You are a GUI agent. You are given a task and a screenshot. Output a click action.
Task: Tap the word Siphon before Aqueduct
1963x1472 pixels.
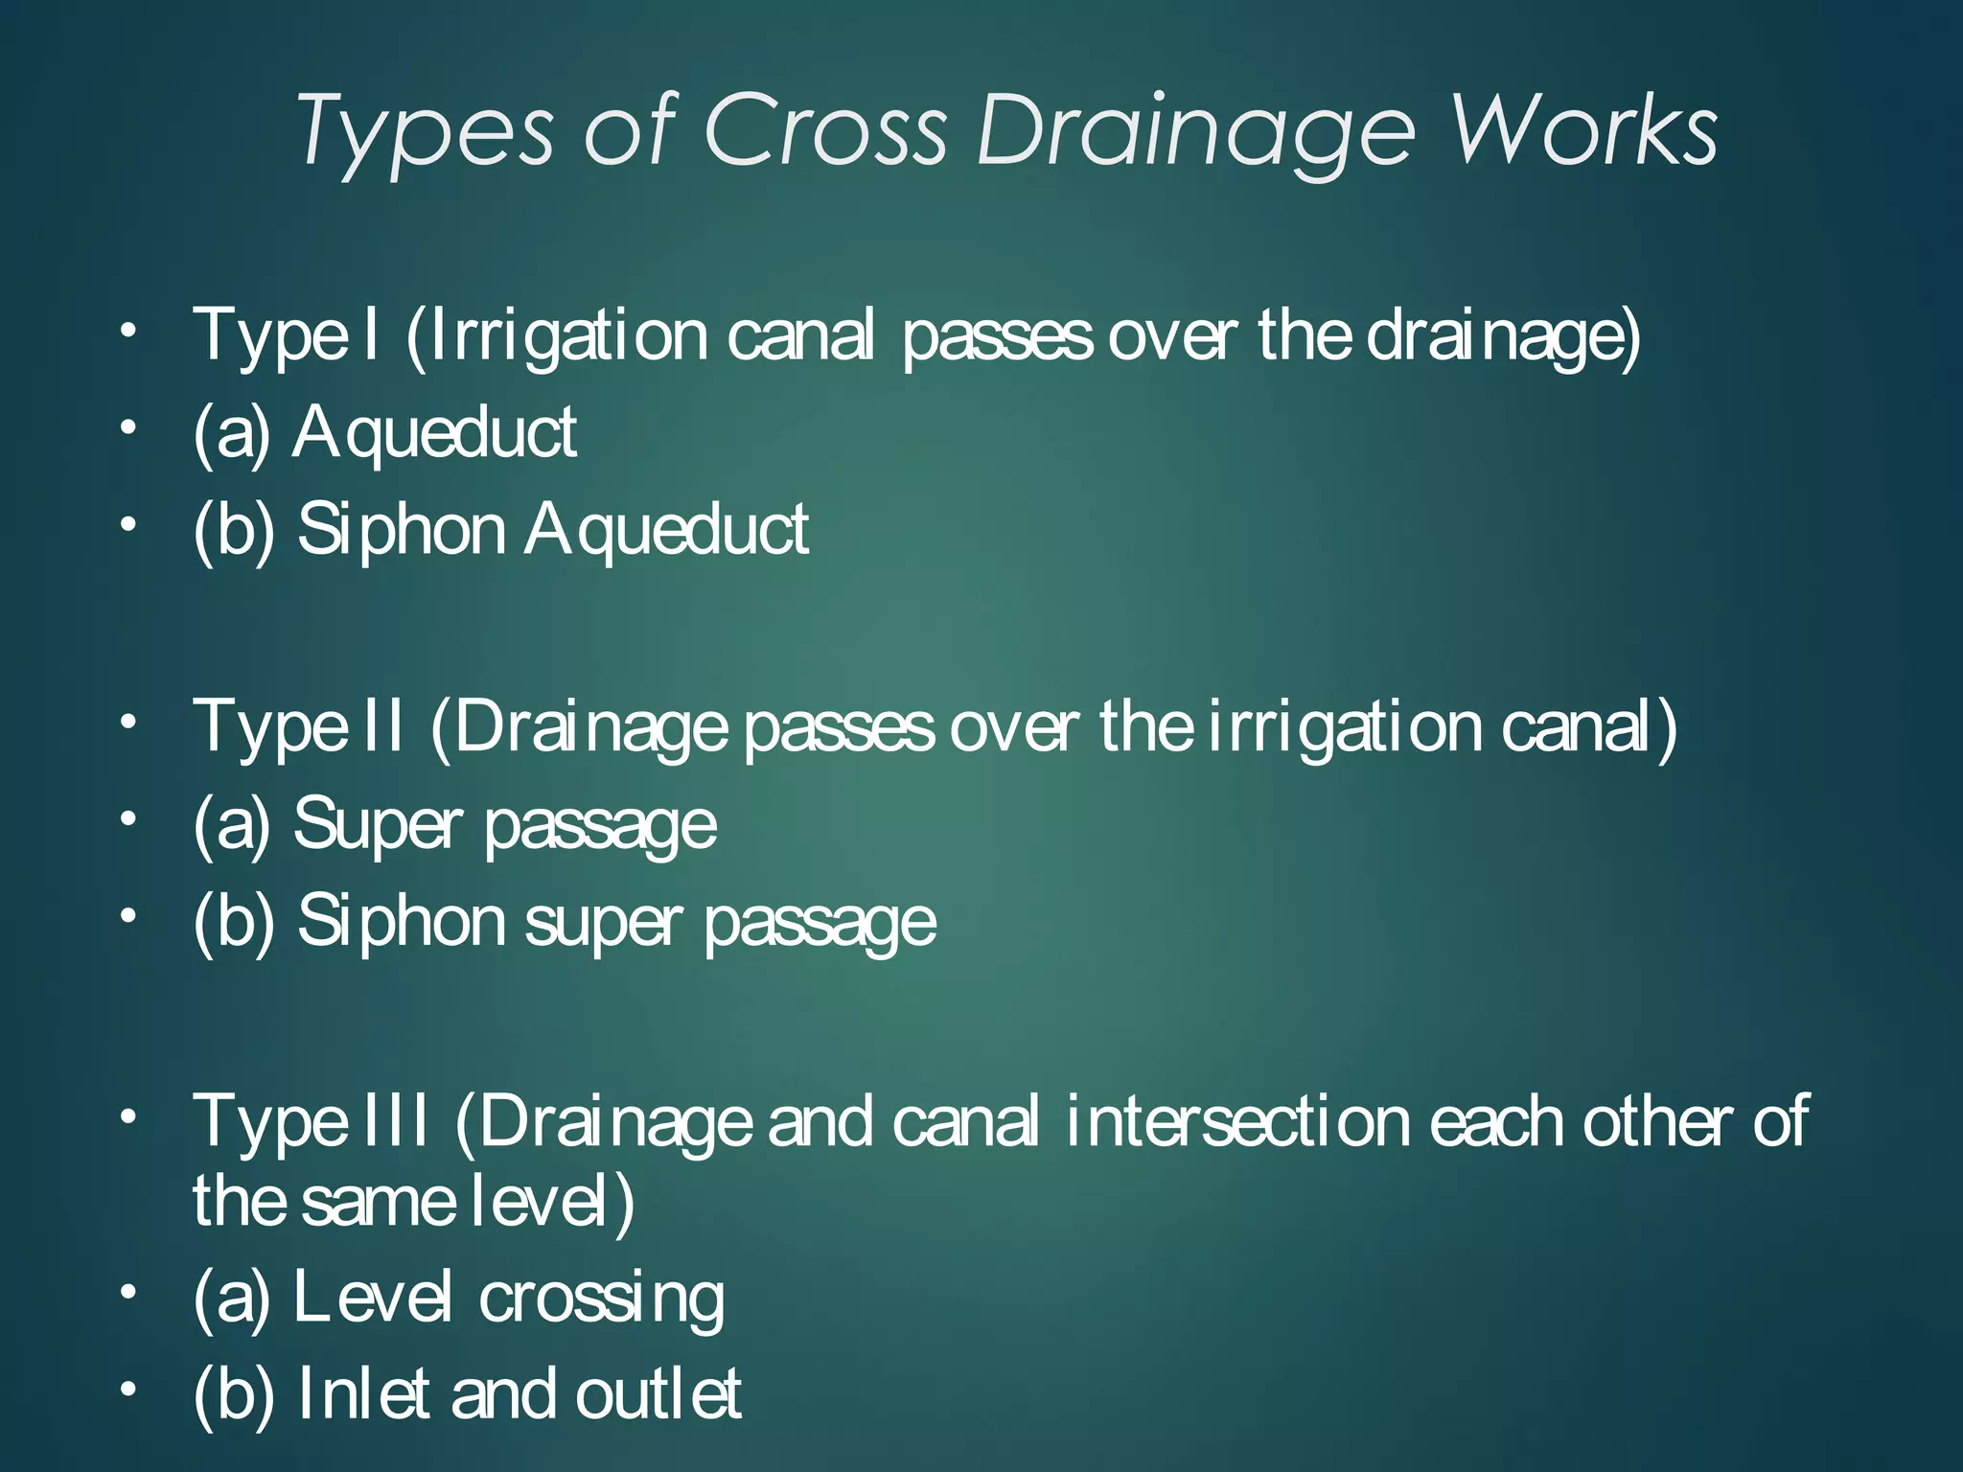point(401,530)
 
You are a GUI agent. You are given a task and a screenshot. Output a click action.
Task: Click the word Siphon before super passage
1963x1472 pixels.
point(401,922)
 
